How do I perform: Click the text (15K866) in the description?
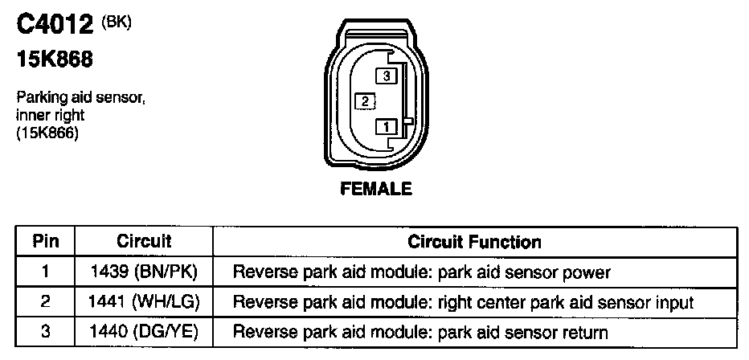pos(47,134)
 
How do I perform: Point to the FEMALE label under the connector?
pos(377,190)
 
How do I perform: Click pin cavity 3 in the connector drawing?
pos(387,76)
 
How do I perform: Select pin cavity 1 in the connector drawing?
pos(387,126)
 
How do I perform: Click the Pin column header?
pos(44,241)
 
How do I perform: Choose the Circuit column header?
pos(144,241)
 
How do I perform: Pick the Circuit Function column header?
pos(474,241)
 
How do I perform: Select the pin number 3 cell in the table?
pos(44,331)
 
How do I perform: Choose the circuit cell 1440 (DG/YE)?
pos(145,331)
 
